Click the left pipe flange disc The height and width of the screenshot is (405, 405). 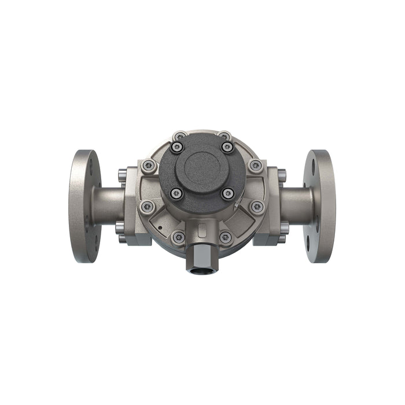84,205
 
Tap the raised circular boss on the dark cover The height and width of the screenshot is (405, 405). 202,168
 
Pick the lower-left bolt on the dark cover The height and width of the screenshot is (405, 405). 177,193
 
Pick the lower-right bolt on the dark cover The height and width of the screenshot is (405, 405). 228,193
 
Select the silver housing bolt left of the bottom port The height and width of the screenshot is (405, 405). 178,237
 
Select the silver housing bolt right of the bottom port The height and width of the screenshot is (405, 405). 226,237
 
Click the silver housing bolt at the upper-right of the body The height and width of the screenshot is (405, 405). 255,166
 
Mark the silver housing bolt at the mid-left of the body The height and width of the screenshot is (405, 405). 148,206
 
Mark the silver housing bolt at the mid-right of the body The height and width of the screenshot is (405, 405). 257,206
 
